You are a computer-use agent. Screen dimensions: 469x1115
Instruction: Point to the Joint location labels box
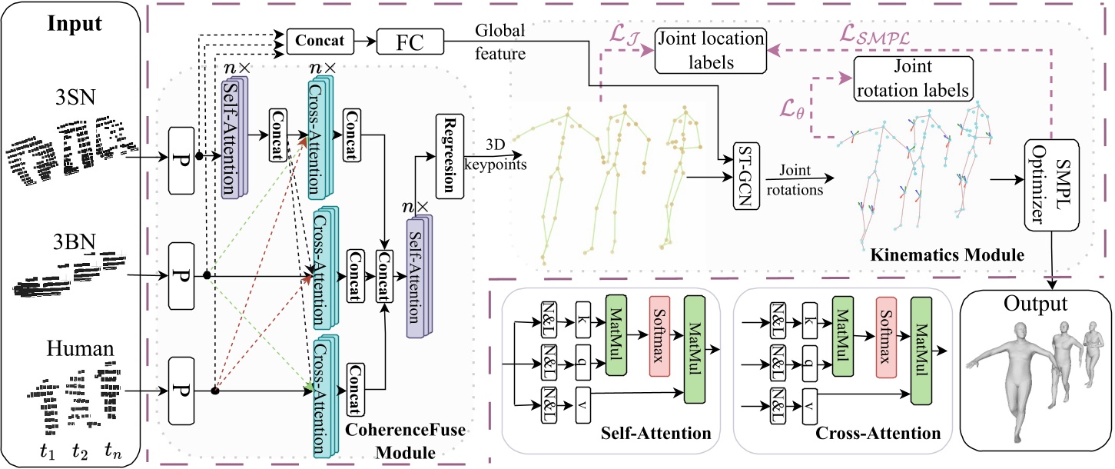(x=709, y=51)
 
